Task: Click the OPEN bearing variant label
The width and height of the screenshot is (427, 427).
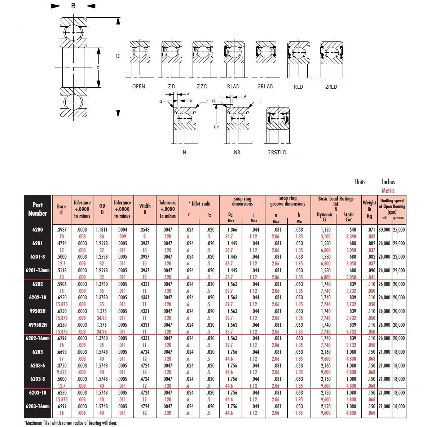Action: tap(138, 87)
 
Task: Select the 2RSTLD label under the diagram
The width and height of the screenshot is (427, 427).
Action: tap(277, 153)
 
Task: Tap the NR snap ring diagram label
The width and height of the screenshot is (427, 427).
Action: tap(237, 153)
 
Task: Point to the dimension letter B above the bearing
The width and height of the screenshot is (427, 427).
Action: tap(73, 5)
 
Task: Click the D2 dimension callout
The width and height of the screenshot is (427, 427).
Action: tap(216, 127)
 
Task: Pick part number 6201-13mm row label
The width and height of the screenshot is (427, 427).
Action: tap(38, 270)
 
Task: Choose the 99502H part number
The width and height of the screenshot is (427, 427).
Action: tap(38, 311)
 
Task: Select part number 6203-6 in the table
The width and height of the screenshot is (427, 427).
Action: tap(38, 365)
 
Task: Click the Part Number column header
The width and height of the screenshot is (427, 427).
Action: tap(38, 209)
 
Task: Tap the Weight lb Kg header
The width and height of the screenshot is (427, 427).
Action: tap(369, 209)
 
